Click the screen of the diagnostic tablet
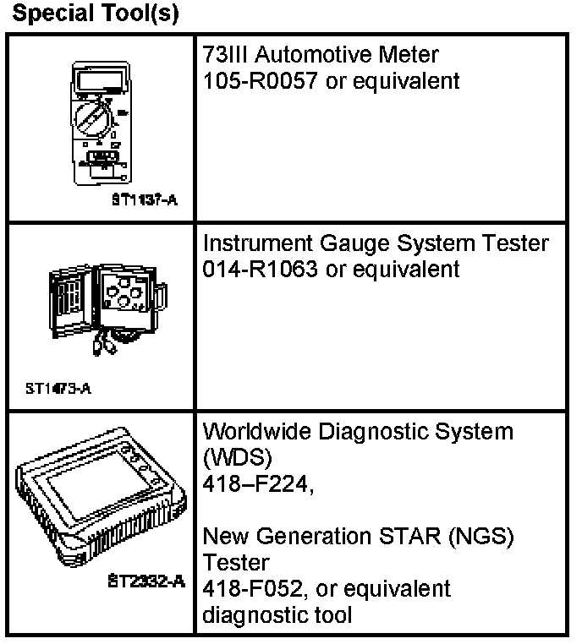point(100,509)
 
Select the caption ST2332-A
point(149,581)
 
